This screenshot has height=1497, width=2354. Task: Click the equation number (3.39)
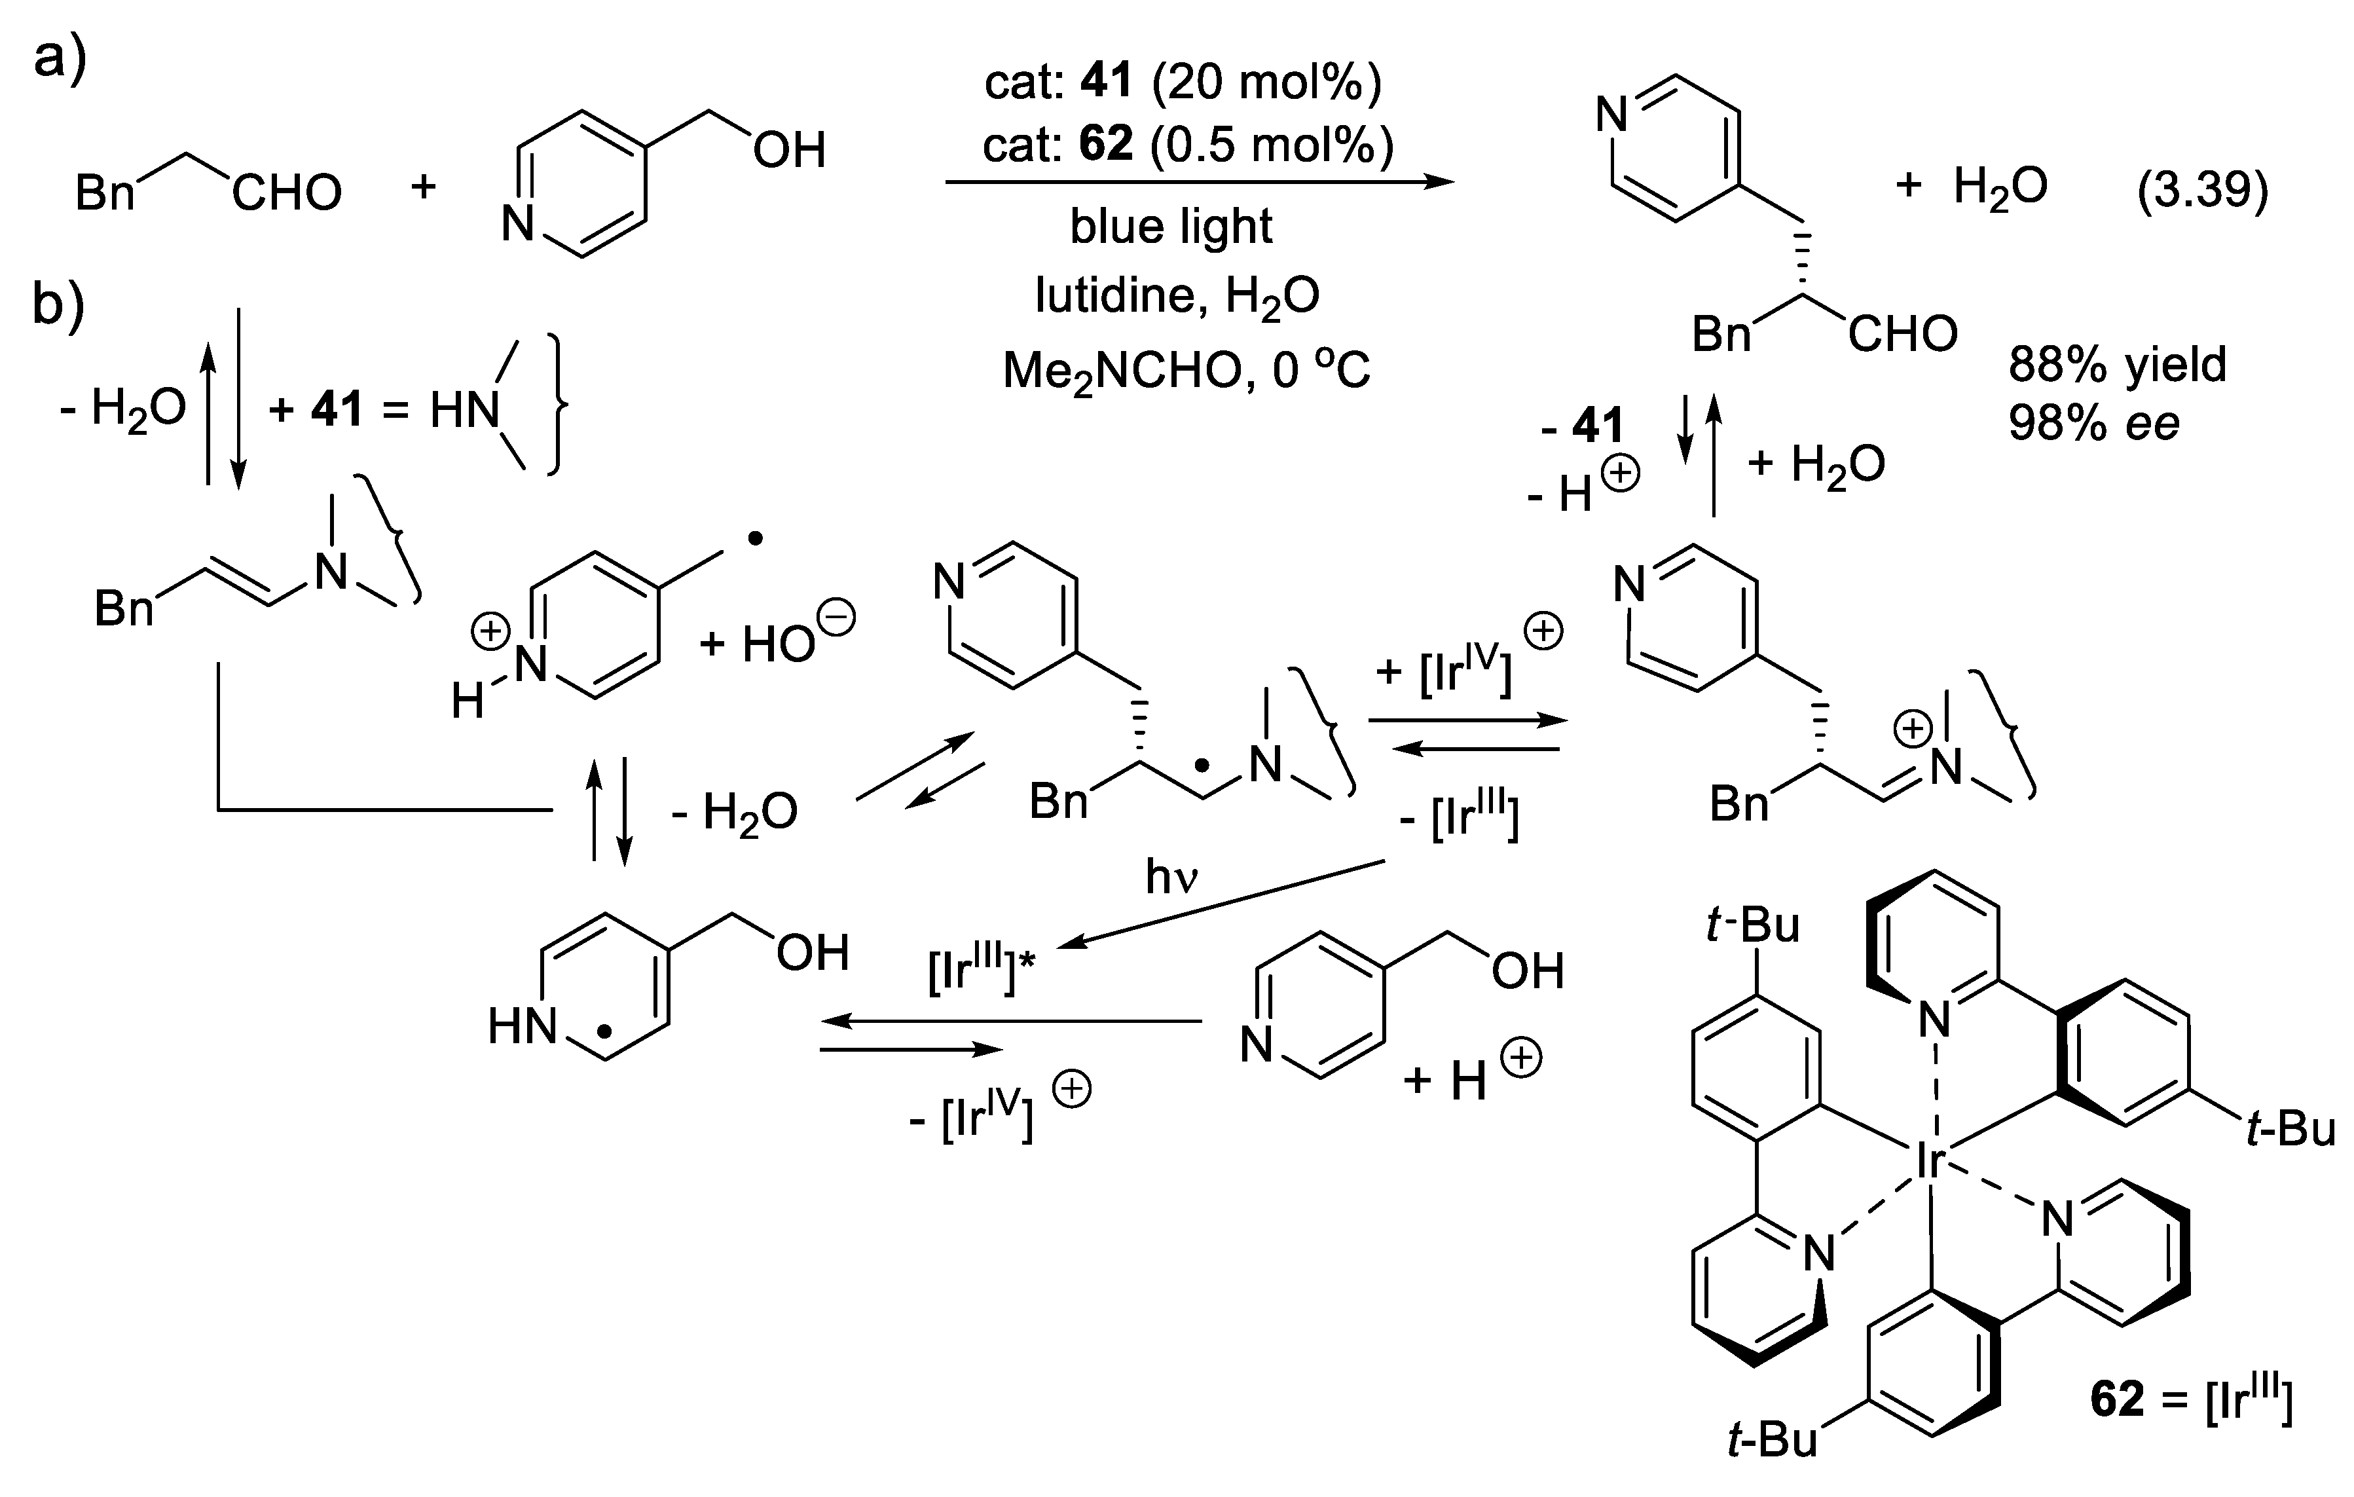2201,189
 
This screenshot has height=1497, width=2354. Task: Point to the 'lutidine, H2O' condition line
1177,294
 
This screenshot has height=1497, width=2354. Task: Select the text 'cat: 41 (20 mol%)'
1183,81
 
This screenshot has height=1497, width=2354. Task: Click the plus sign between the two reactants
422,186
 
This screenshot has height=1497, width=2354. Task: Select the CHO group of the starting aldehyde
286,193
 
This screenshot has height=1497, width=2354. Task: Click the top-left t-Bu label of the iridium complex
1753,925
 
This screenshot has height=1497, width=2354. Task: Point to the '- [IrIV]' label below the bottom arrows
970,1117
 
